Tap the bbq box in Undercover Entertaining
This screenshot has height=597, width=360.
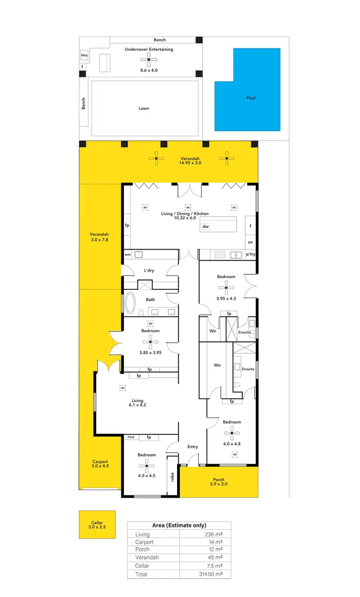pyautogui.click(x=84, y=55)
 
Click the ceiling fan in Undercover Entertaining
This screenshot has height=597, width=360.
pyautogui.click(x=149, y=60)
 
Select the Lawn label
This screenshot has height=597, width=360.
pyautogui.click(x=144, y=108)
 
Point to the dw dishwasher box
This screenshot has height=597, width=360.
pyautogui.click(x=205, y=227)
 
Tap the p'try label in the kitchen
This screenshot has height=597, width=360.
pyautogui.click(x=251, y=255)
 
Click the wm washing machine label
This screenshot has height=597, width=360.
pyautogui.click(x=128, y=255)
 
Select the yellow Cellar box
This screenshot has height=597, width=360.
pyautogui.click(x=97, y=525)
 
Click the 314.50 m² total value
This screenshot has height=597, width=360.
pyautogui.click(x=214, y=574)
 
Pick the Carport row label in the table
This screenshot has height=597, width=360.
pyautogui.click(x=145, y=541)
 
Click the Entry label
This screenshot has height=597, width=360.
pyautogui.click(x=192, y=447)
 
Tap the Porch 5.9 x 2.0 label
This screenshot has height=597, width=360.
pyautogui.click(x=218, y=482)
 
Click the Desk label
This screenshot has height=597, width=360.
pyautogui.click(x=131, y=437)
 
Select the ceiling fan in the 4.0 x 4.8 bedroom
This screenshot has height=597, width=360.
pyautogui.click(x=232, y=433)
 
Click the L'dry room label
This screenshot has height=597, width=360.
pyautogui.click(x=149, y=270)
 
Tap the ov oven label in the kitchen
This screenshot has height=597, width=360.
pyautogui.click(x=251, y=242)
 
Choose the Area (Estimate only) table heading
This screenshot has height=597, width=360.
pyautogui.click(x=179, y=525)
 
